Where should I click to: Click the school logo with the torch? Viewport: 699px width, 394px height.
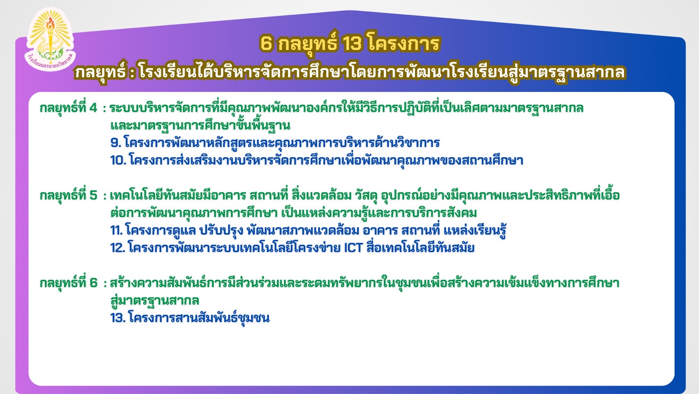pyautogui.click(x=50, y=39)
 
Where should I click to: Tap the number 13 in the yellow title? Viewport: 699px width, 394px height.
pyautogui.click(x=352, y=43)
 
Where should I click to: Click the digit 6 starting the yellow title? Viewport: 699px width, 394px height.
pyautogui.click(x=266, y=43)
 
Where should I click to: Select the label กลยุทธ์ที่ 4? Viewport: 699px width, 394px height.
pyautogui.click(x=69, y=108)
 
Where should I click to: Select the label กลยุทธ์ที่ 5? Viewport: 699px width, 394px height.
pyautogui.click(x=69, y=196)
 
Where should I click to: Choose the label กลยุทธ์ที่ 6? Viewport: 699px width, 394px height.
pyautogui.click(x=69, y=283)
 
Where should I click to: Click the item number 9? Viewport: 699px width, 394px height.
pyautogui.click(x=116, y=143)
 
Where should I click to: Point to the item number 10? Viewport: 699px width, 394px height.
pyautogui.click(x=118, y=160)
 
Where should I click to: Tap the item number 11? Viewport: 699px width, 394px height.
pyautogui.click(x=117, y=231)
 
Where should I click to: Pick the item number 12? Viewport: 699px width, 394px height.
pyautogui.click(x=118, y=248)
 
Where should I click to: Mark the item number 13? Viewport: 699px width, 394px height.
pyautogui.click(x=118, y=318)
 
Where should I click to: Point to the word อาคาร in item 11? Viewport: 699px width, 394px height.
pyautogui.click(x=380, y=231)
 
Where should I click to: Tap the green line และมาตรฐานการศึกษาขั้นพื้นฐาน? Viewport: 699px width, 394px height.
pyautogui.click(x=200, y=126)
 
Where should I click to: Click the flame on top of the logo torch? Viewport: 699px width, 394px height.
pyautogui.click(x=50, y=24)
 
